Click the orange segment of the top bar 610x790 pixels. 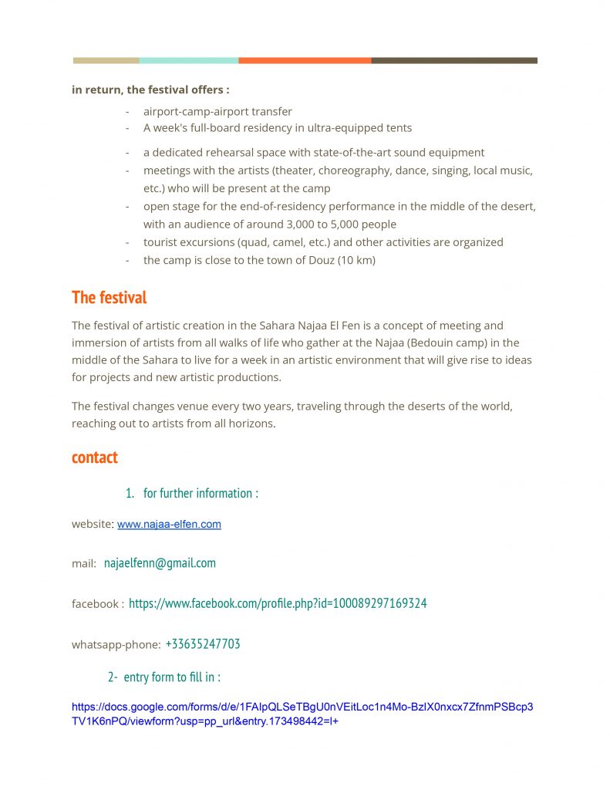[x=305, y=60]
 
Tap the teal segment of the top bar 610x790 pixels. [x=188, y=60]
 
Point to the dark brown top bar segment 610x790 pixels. [x=453, y=60]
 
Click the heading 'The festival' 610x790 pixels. [x=109, y=297]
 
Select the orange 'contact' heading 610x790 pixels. [x=95, y=457]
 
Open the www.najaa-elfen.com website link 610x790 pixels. [x=169, y=525]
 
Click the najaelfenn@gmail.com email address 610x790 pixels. [x=160, y=563]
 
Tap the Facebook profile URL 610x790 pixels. [x=278, y=603]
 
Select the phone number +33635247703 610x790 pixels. [x=203, y=644]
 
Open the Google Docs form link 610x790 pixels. [x=302, y=714]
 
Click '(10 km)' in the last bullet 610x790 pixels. [x=358, y=260]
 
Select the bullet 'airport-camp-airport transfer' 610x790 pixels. [x=217, y=111]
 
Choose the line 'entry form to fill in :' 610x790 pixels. [x=172, y=677]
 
